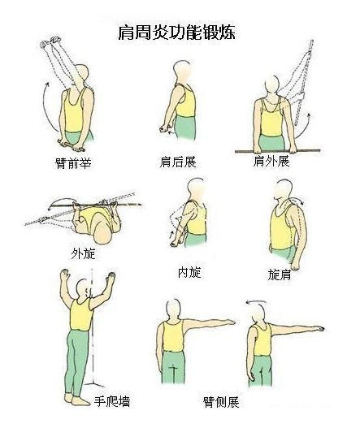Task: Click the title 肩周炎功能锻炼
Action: [180, 33]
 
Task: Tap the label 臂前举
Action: [73, 163]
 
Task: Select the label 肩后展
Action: [178, 162]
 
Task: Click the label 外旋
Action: [84, 253]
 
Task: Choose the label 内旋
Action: [189, 271]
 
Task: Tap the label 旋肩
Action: [280, 275]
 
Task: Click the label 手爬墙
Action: [112, 401]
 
